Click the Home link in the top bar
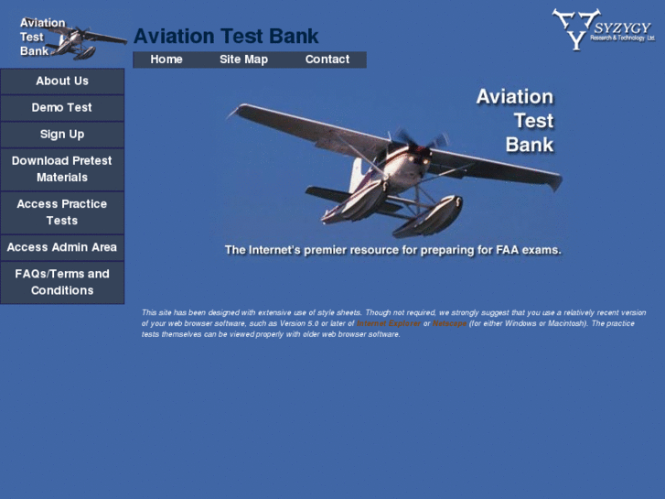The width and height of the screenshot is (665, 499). point(166,60)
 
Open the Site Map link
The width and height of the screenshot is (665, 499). point(243,60)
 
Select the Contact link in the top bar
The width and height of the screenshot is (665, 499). point(327,60)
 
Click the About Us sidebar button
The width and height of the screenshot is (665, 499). point(62,81)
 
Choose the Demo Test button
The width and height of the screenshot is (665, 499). point(62,107)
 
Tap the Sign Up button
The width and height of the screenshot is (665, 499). point(62,134)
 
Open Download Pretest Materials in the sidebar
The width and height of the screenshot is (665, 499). point(62,168)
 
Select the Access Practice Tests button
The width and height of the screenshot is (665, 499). point(62,212)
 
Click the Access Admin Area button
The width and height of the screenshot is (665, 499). point(62,247)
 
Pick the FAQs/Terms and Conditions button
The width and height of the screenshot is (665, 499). point(62,282)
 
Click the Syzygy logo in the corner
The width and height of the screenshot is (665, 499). point(603,28)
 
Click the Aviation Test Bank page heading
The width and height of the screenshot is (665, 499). point(226,37)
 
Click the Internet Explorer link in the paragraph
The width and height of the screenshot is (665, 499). point(390,323)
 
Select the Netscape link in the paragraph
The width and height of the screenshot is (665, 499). point(449,323)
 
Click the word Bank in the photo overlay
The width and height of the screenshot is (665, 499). point(530,145)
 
